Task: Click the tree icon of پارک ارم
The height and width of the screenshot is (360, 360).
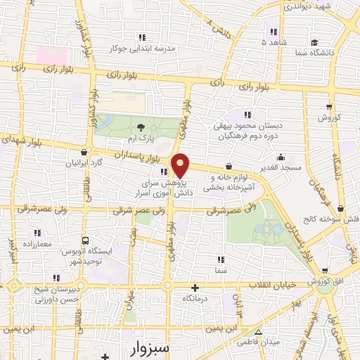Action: [x=141, y=127]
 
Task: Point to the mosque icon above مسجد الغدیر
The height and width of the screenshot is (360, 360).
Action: [x=281, y=157]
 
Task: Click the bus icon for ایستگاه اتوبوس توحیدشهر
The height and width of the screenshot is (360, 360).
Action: [x=84, y=240]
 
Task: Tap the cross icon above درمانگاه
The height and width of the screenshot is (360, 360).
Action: [x=195, y=288]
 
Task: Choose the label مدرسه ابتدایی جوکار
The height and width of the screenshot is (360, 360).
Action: [x=143, y=49]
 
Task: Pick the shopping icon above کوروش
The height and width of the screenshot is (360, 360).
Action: [x=329, y=106]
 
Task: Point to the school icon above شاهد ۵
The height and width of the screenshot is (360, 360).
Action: [x=273, y=31]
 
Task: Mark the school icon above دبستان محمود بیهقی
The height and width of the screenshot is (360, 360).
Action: [x=247, y=114]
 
